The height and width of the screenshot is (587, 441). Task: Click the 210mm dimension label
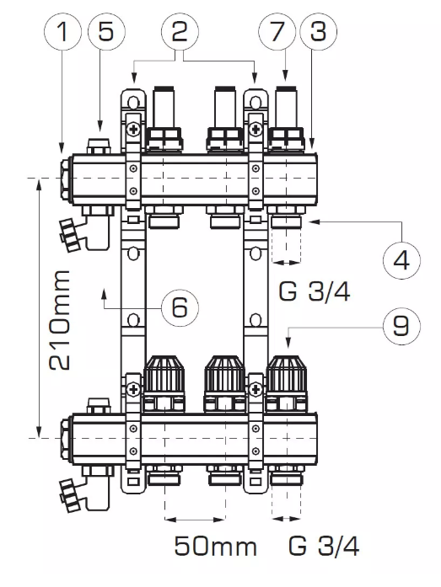[x=60, y=320]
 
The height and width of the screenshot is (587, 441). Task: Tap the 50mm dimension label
[x=216, y=547]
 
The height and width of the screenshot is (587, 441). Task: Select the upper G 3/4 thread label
[x=315, y=291]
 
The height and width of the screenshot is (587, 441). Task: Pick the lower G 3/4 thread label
[x=324, y=547]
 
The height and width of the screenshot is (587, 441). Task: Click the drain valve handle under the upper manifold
[x=69, y=236]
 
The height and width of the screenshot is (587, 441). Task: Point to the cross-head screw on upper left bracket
[x=133, y=130]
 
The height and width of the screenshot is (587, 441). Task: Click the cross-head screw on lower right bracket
[x=255, y=388]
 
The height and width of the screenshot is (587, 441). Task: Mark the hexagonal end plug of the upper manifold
[x=66, y=179]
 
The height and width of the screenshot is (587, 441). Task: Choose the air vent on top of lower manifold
[x=99, y=406]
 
